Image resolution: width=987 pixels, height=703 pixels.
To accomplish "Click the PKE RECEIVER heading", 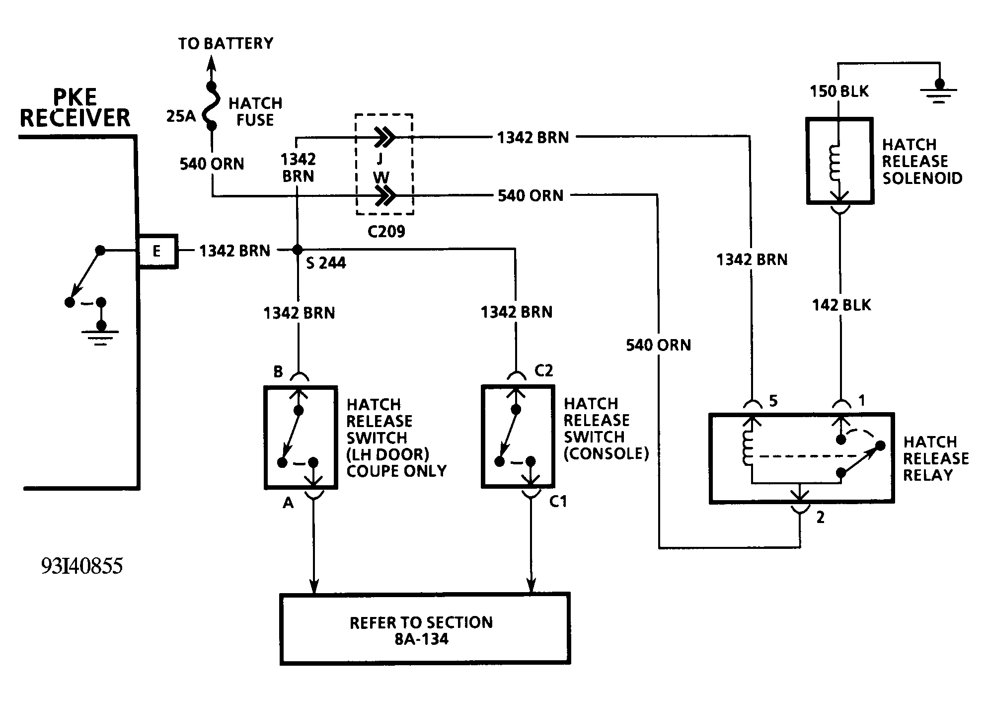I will pyautogui.click(x=75, y=108).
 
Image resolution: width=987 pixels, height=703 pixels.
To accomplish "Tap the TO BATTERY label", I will pyautogui.click(x=226, y=44).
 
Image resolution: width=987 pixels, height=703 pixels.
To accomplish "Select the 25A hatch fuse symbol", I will pyautogui.click(x=212, y=106).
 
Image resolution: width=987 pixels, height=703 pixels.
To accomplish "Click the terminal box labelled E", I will pyautogui.click(x=157, y=251).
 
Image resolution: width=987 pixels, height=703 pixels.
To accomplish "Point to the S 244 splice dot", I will pyautogui.click(x=298, y=249).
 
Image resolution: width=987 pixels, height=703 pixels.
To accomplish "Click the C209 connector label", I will pyautogui.click(x=386, y=231).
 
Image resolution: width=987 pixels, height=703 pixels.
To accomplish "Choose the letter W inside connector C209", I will pyautogui.click(x=381, y=177).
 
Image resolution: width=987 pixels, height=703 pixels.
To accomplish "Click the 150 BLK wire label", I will pyautogui.click(x=839, y=91).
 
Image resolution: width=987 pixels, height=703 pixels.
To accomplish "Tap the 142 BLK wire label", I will pyautogui.click(x=841, y=305).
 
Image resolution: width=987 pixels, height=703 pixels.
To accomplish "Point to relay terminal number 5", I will pyautogui.click(x=773, y=401).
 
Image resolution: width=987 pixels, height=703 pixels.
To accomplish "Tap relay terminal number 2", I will pyautogui.click(x=820, y=518).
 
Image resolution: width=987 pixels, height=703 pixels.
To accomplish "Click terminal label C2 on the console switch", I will pyautogui.click(x=543, y=371).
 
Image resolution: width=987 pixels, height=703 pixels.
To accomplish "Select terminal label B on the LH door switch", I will pyautogui.click(x=278, y=371).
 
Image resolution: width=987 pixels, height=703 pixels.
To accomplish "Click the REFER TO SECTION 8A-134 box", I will pyautogui.click(x=425, y=629).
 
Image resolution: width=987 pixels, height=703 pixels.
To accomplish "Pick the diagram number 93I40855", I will pyautogui.click(x=82, y=566).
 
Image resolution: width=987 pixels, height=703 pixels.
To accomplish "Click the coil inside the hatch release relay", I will pyautogui.click(x=747, y=445).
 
